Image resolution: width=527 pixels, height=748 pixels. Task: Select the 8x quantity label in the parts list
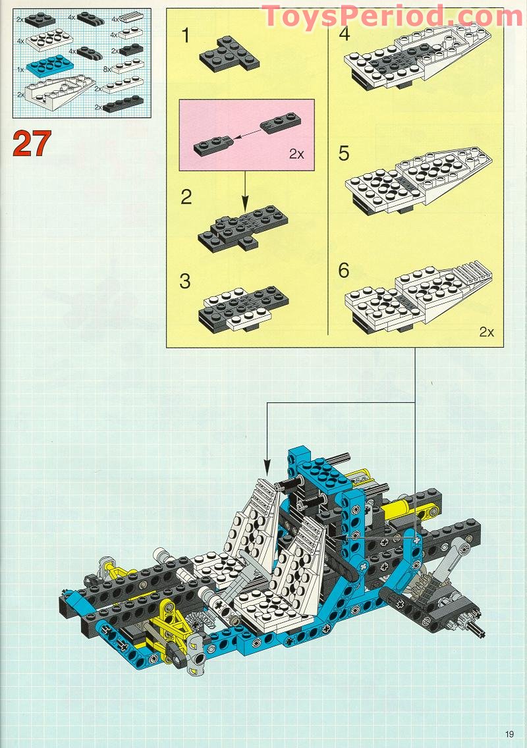(107, 68)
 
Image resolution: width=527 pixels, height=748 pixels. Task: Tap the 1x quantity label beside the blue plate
(20, 69)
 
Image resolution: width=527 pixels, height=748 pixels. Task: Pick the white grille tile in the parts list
(132, 18)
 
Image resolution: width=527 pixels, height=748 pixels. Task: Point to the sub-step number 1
(186, 36)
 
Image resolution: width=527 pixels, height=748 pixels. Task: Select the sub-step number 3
(185, 281)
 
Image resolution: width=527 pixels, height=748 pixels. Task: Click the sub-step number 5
(344, 153)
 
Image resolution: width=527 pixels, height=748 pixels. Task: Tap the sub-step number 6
(344, 271)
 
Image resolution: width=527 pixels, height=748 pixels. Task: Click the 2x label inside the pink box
(296, 153)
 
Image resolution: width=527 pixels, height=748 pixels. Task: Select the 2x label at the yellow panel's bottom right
(486, 332)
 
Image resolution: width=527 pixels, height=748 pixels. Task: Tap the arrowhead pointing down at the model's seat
(267, 467)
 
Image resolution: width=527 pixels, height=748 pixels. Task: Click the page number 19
(509, 734)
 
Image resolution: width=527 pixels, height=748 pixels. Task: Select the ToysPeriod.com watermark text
(393, 16)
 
